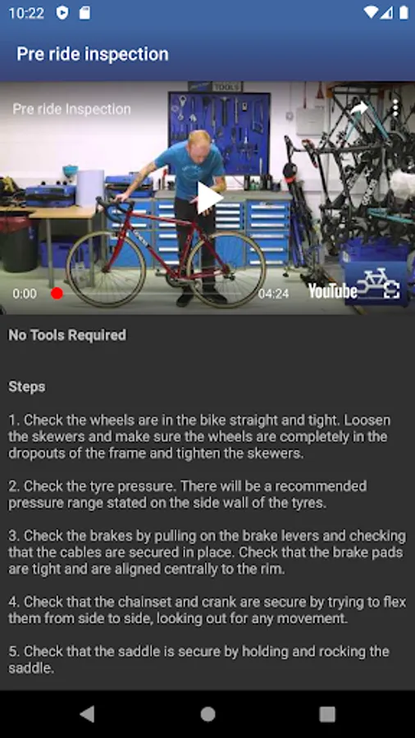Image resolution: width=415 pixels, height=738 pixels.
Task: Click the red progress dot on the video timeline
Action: pos(57,294)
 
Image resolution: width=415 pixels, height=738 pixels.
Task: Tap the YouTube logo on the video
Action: pos(333,291)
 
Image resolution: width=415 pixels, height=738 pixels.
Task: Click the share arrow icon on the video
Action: pos(359,109)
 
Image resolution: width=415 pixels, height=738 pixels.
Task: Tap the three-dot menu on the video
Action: pos(395,109)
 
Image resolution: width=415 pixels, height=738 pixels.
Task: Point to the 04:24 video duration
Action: pos(273,294)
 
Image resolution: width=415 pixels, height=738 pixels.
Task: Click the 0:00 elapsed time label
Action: pos(25,294)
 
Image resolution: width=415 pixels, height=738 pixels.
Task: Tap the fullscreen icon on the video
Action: pos(391,290)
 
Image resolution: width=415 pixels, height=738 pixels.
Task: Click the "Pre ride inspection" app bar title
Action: pos(93,54)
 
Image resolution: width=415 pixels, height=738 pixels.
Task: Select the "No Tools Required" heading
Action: pos(67,335)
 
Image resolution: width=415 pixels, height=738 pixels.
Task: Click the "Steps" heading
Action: pos(27,387)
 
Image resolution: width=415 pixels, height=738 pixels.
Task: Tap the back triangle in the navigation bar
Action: pos(88,714)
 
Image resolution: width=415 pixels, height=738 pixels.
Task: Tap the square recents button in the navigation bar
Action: pos(327,714)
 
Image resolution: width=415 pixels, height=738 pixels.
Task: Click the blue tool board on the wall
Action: pos(219,133)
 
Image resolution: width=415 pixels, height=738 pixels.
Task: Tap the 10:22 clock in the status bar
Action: pos(26,13)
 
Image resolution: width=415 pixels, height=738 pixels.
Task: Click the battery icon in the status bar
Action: pos(404,12)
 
